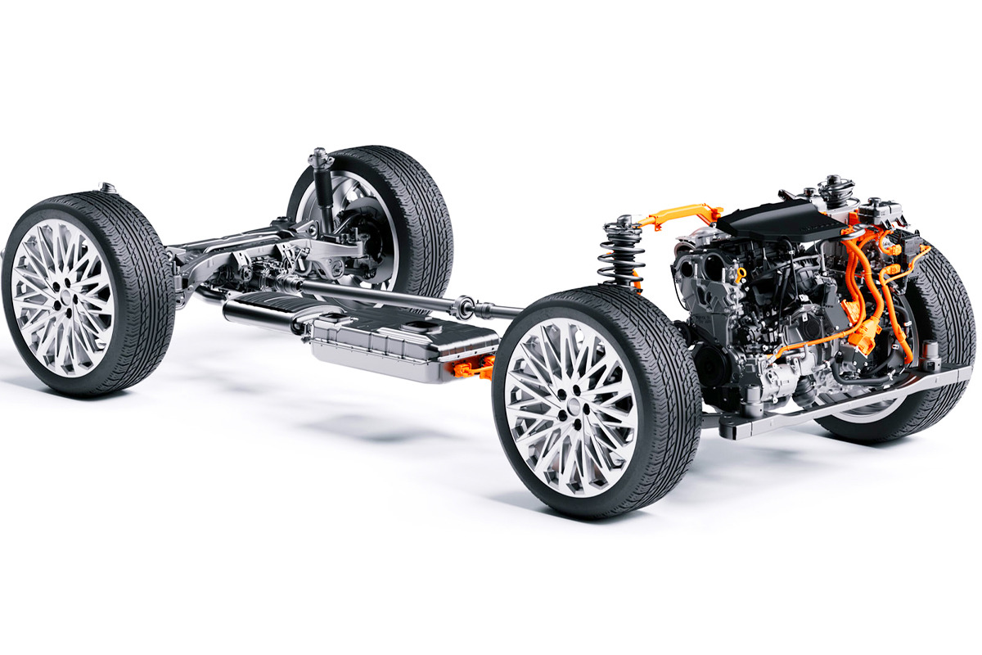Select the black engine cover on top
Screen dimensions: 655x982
pyautogui.click(x=786, y=218)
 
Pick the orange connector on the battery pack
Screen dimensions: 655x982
pyautogui.click(x=473, y=368)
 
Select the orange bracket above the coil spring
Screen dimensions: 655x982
pyautogui.click(x=679, y=215)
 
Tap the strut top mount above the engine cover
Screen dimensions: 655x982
pyautogui.click(x=835, y=185)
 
